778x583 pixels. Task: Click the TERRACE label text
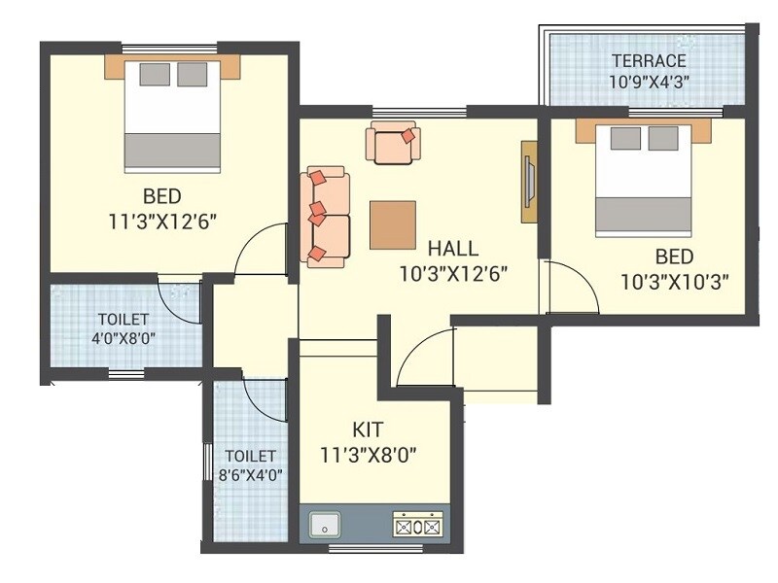(x=649, y=61)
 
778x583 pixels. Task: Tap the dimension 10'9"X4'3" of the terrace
(x=649, y=82)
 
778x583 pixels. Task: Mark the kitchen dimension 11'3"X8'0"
(x=370, y=453)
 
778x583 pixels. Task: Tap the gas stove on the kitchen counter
(x=417, y=526)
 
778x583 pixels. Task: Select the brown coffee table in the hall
(x=393, y=224)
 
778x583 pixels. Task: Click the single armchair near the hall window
(x=393, y=143)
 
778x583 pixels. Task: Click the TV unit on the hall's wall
(x=529, y=182)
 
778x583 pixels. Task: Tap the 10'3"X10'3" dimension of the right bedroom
(x=675, y=282)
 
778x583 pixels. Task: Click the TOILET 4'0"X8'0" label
(x=123, y=328)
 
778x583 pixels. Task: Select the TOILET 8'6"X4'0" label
(x=251, y=464)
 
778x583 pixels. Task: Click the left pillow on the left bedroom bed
(x=153, y=75)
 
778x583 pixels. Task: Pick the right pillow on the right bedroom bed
(x=663, y=139)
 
